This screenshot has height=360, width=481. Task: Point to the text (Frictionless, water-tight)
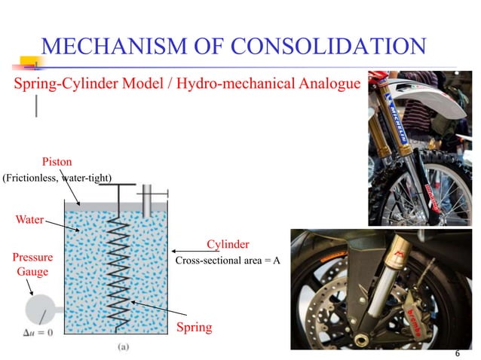[x=57, y=178]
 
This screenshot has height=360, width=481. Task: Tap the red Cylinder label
[x=228, y=245]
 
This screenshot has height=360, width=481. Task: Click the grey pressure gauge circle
[x=37, y=309]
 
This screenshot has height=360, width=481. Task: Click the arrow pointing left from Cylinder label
[x=185, y=251]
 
